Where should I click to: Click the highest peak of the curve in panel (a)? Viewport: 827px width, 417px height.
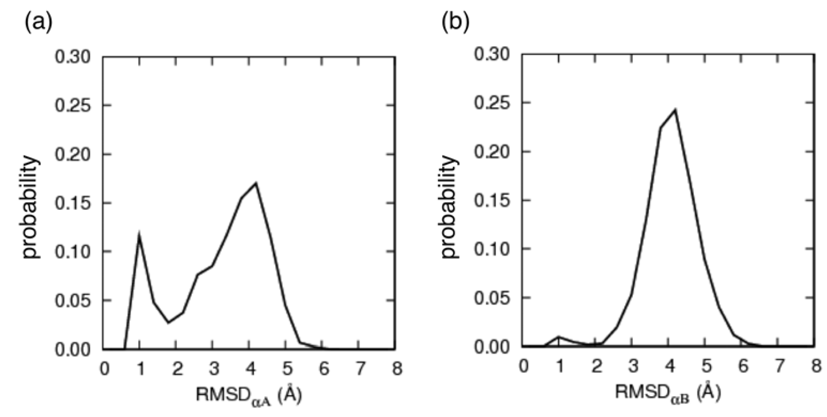tap(256, 184)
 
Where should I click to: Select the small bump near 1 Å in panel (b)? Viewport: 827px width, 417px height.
tap(559, 337)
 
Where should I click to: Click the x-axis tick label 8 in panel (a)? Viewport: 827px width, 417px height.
tap(397, 369)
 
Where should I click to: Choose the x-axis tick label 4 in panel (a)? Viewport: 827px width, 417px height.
tap(251, 369)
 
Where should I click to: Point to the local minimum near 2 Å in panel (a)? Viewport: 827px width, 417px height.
tap(168, 322)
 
